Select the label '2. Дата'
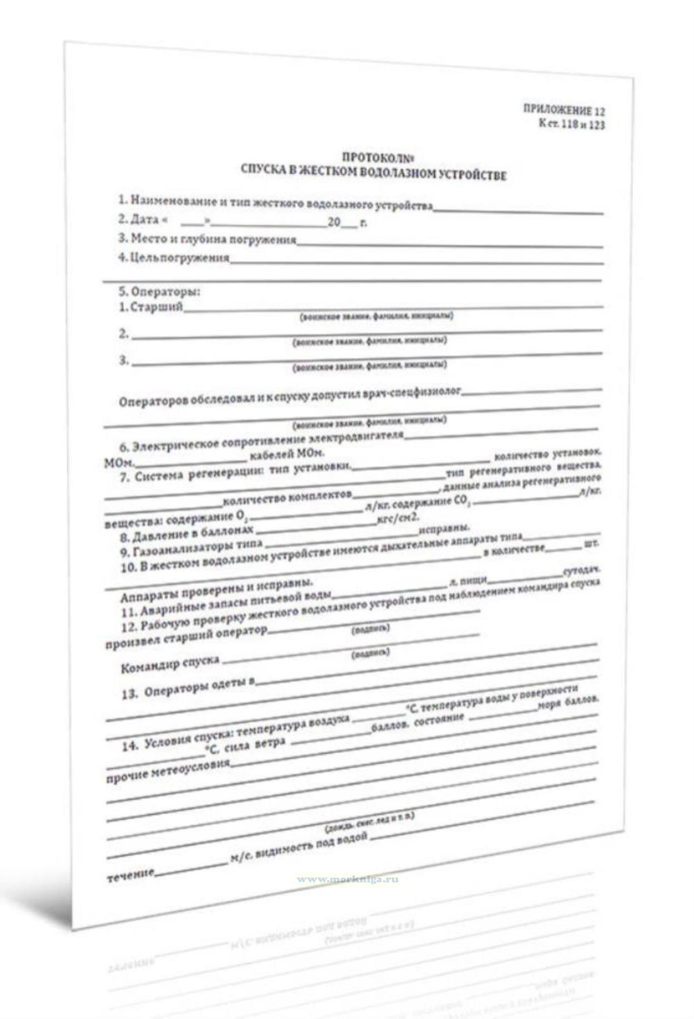139,219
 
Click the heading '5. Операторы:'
159,291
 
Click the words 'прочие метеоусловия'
167,771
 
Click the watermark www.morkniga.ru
348,880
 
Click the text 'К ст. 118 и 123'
571,124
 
